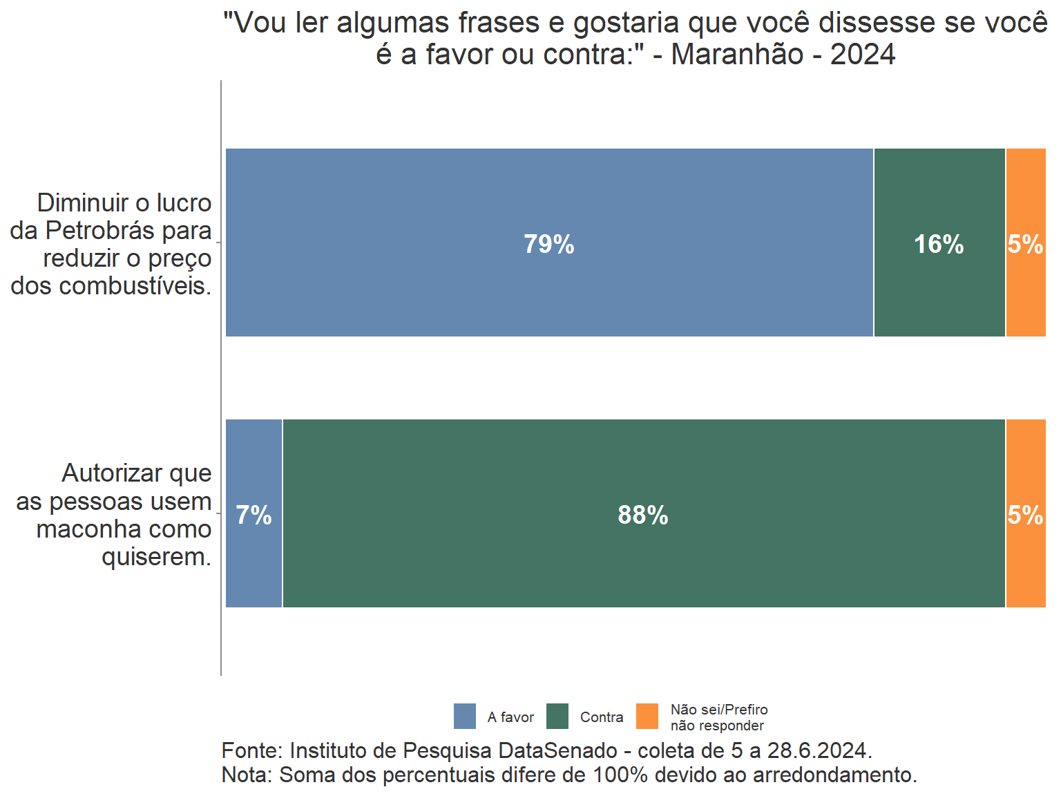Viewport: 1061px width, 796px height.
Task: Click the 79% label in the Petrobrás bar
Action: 548,244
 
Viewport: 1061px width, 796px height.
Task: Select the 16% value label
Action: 938,244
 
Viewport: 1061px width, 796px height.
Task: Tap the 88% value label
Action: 642,515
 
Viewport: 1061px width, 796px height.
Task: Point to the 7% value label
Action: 254,515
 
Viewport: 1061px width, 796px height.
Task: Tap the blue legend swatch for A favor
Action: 465,717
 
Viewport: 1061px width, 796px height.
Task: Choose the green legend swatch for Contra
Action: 557,717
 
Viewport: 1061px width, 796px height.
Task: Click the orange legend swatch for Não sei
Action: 647,717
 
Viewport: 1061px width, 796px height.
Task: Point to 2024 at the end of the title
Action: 863,55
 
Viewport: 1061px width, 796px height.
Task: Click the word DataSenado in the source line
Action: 557,750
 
